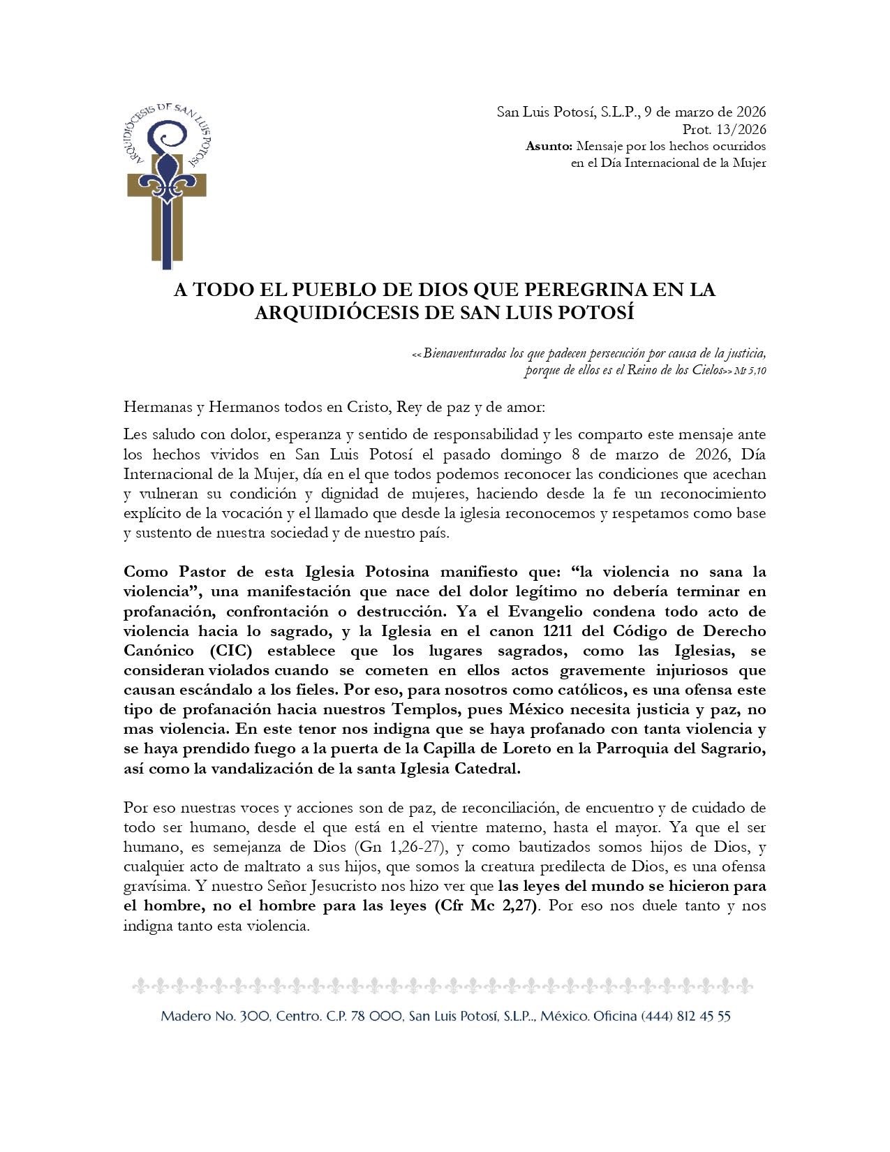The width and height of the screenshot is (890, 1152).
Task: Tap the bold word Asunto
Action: pyautogui.click(x=548, y=146)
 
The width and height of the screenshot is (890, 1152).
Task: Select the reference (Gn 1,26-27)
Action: pyautogui.click(x=399, y=847)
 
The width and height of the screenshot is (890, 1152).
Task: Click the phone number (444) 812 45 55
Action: pyautogui.click(x=685, y=1016)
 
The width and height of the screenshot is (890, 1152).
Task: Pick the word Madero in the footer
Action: pyautogui.click(x=184, y=1016)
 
